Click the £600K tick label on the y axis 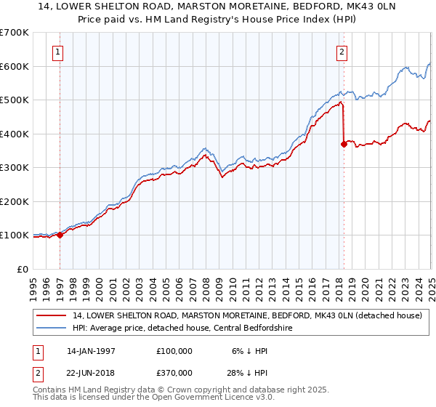pyautogui.click(x=14, y=66)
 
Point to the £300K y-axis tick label pyautogui.click(x=14, y=167)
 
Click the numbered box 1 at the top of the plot pyautogui.click(x=57, y=52)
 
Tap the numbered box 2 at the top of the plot pyautogui.click(x=342, y=52)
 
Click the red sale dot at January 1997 pyautogui.click(x=60, y=235)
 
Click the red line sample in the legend pyautogui.click(x=51, y=315)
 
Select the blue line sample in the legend pyautogui.click(x=51, y=328)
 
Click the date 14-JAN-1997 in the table pyautogui.click(x=91, y=350)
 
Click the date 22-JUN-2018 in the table pyautogui.click(x=91, y=375)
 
